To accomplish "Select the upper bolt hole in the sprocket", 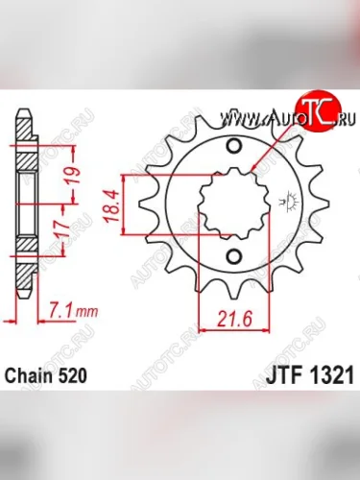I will (235, 145).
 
